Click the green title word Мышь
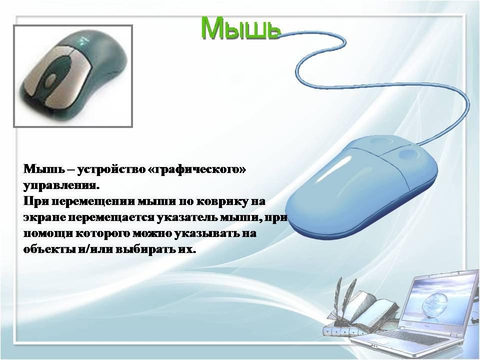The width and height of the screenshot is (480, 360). (x=240, y=28)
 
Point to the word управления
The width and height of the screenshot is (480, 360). (x=61, y=185)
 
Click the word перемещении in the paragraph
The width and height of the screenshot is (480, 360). (x=95, y=201)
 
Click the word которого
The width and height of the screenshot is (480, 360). (x=102, y=233)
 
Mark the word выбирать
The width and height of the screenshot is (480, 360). (x=140, y=249)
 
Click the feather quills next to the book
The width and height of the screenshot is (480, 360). (x=344, y=298)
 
